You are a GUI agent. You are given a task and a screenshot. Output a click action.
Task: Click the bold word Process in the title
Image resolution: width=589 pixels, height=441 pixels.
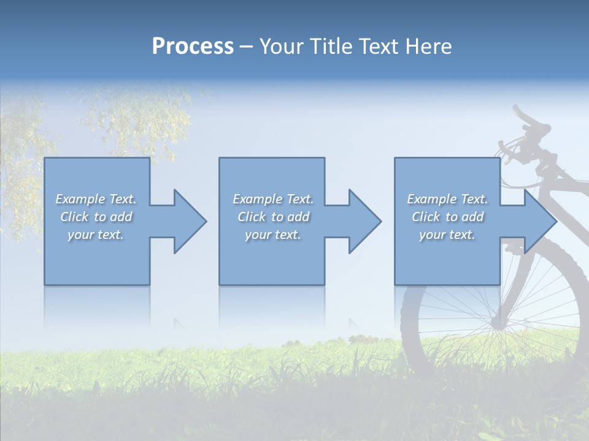(x=193, y=47)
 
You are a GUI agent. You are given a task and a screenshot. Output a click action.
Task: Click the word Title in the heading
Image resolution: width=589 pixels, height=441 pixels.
(x=329, y=47)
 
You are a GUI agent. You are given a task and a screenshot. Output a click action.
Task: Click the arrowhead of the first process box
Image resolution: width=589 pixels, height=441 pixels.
(x=190, y=221)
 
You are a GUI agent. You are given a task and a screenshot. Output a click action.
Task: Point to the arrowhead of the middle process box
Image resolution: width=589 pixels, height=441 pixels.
(x=365, y=221)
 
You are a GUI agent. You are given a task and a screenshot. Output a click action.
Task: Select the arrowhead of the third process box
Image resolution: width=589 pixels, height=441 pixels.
(x=540, y=221)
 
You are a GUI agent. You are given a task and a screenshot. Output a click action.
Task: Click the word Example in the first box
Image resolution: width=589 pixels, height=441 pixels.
(x=80, y=199)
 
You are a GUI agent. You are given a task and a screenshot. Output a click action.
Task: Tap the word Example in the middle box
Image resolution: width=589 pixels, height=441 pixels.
(x=258, y=199)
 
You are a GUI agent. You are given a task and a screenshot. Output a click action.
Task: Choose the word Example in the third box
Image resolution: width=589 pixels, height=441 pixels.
(x=432, y=199)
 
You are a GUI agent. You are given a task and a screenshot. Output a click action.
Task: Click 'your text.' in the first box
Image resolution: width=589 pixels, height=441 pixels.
(x=96, y=235)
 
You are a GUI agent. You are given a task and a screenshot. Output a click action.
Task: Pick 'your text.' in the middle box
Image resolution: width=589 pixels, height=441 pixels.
(x=273, y=235)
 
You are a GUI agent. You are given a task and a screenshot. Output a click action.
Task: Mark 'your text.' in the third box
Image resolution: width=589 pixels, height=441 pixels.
(x=447, y=235)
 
